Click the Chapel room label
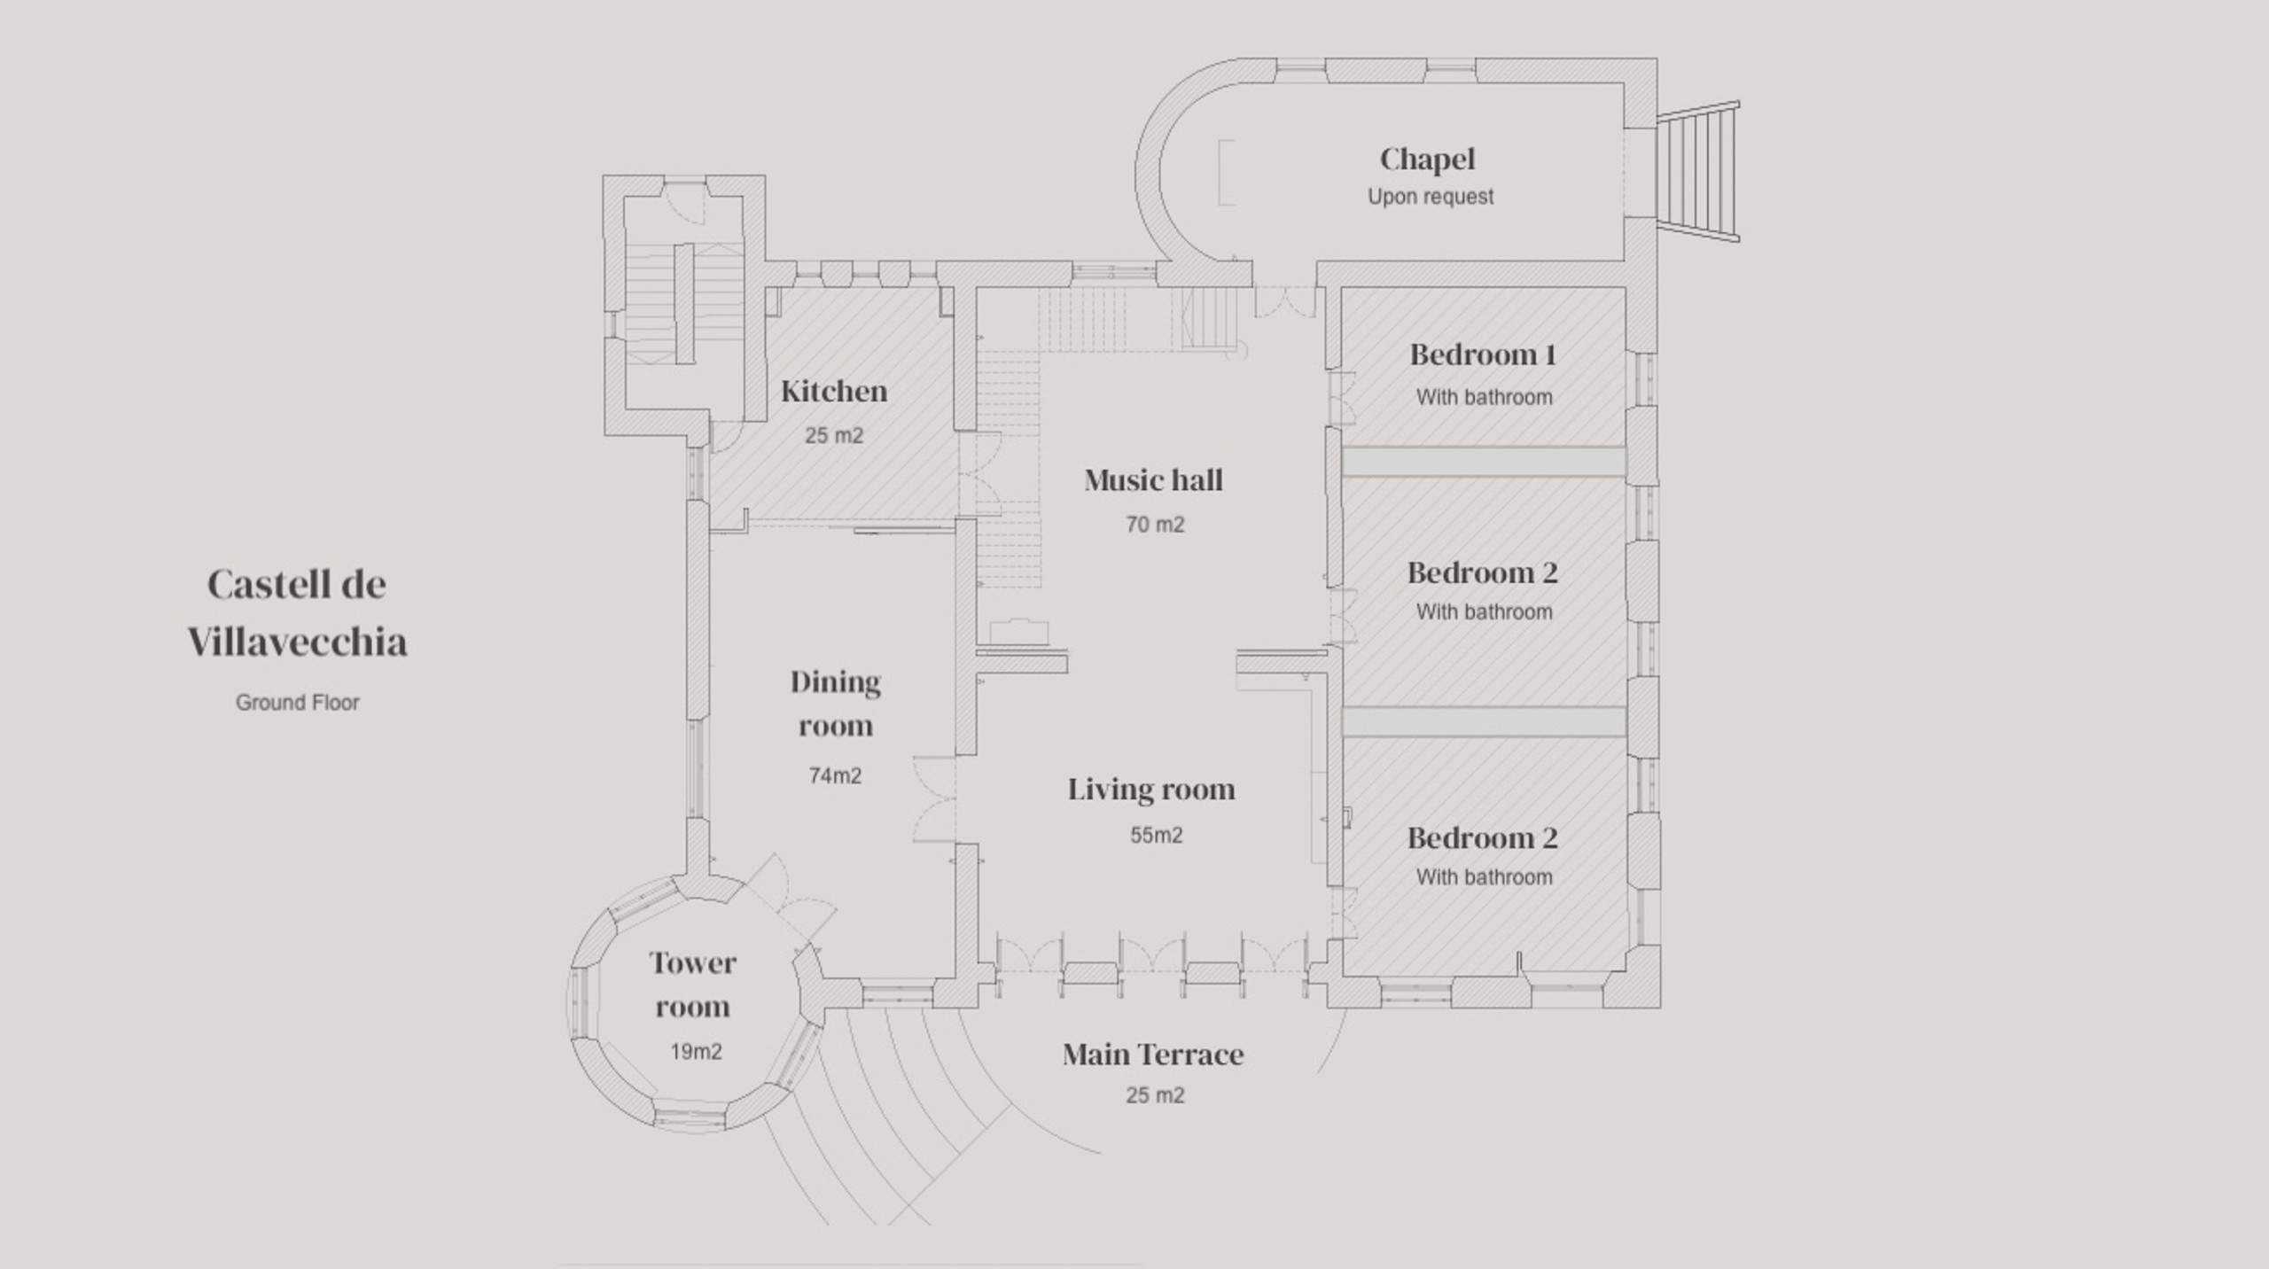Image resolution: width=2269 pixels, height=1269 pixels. pyautogui.click(x=1427, y=160)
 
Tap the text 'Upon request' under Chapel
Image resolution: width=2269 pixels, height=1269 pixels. pyautogui.click(x=1430, y=197)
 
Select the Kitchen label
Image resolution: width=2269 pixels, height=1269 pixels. pyautogui.click(x=834, y=391)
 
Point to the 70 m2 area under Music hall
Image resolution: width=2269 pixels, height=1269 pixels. pyautogui.click(x=1155, y=525)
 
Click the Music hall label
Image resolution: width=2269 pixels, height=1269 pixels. pyautogui.click(x=1153, y=480)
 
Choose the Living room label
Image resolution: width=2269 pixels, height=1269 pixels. pyautogui.click(x=1150, y=789)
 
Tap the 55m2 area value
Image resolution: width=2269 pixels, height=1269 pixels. pyautogui.click(x=1156, y=836)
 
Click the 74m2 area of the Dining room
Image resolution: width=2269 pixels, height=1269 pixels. pyautogui.click(x=835, y=776)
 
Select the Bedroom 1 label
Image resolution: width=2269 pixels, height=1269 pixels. pyautogui.click(x=1483, y=354)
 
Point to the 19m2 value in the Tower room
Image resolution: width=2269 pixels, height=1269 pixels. pyautogui.click(x=696, y=1052)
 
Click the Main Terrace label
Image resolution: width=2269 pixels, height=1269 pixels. pyautogui.click(x=1153, y=1054)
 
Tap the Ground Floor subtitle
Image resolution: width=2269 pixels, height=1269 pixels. pyautogui.click(x=297, y=703)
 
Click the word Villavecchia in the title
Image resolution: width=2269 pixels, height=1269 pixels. pyautogui.click(x=297, y=642)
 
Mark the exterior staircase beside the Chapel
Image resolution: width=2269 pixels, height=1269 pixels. pyautogui.click(x=1697, y=171)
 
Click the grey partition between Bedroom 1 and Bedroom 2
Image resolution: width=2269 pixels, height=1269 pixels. pyautogui.click(x=1483, y=462)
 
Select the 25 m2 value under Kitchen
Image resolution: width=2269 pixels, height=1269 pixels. pyautogui.click(x=834, y=436)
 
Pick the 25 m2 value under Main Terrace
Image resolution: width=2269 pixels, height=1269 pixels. pyautogui.click(x=1155, y=1095)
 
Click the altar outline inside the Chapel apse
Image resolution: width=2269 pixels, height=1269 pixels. pyautogui.click(x=1226, y=173)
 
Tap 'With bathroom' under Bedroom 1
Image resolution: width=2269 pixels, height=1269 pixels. pyautogui.click(x=1484, y=397)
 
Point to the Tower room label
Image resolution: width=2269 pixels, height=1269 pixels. pyautogui.click(x=692, y=985)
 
